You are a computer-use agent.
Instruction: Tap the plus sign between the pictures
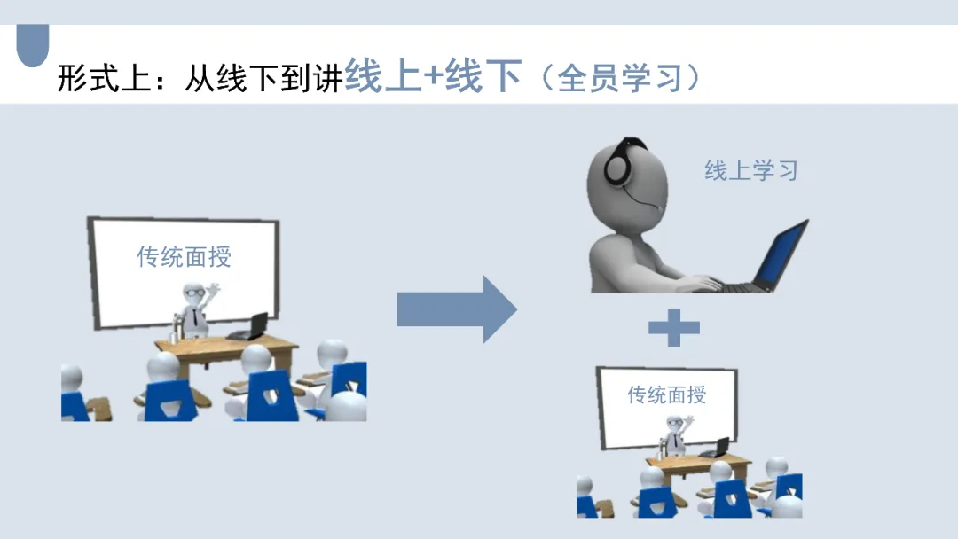[674, 328]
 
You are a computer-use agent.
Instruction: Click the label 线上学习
[751, 170]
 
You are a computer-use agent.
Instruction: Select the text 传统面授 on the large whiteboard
[184, 256]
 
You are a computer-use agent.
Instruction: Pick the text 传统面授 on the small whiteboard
[667, 394]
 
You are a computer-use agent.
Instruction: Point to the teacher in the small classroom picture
[676, 436]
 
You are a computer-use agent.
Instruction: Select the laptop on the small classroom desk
[717, 449]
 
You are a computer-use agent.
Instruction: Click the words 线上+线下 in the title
[432, 76]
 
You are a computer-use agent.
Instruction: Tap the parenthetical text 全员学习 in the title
[620, 78]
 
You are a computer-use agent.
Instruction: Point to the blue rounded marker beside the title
[33, 45]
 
